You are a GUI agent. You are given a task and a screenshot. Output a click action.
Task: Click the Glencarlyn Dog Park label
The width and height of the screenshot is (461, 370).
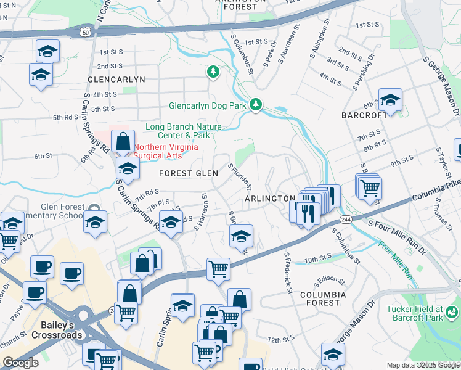pos(208,105)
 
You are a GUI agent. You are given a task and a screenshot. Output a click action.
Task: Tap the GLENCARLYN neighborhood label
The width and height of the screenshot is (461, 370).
pos(116,80)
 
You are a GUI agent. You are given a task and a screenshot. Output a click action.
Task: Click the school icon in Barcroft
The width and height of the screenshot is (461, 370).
pos(390,99)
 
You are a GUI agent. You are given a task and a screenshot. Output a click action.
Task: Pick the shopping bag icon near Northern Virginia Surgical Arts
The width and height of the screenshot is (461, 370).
pos(123,141)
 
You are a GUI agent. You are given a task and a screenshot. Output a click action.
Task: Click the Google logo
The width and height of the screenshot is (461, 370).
pos(20,363)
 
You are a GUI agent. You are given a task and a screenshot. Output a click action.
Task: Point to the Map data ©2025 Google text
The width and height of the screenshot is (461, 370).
pos(423,365)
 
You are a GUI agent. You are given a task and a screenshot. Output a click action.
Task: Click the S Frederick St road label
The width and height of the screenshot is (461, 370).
pos(288,271)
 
